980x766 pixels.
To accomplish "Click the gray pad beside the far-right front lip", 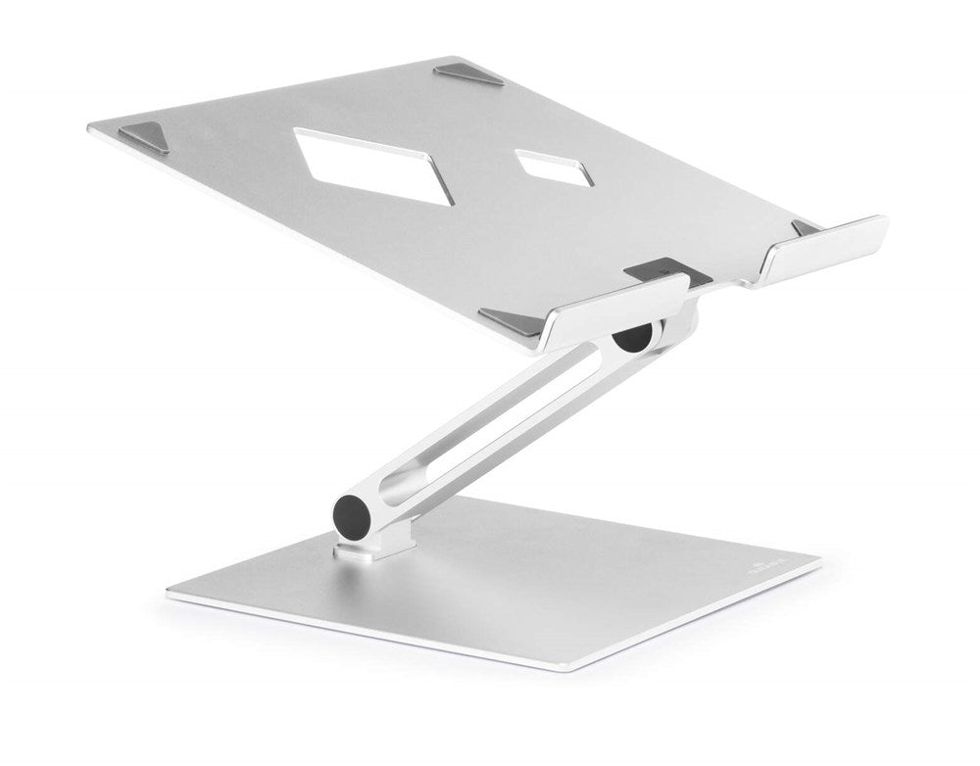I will tap(806, 227).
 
